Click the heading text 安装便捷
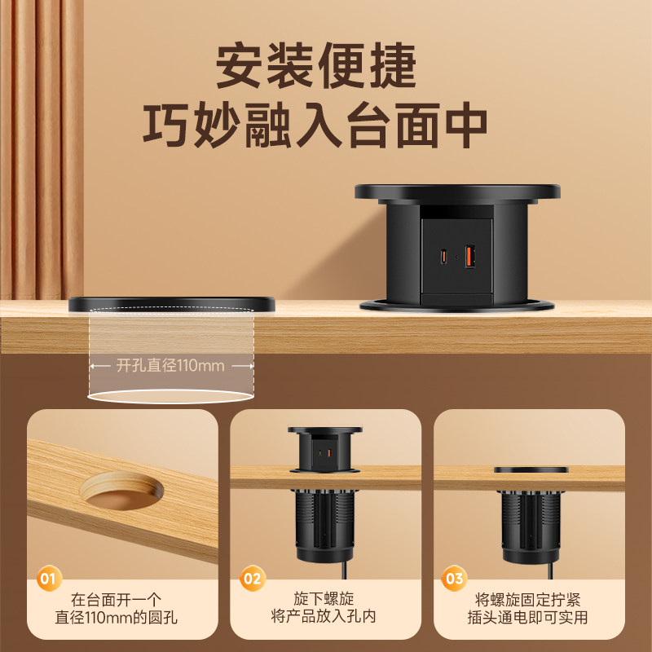[315, 66]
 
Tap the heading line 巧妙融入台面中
[315, 126]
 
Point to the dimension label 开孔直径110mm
[170, 365]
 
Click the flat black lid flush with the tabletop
[172, 304]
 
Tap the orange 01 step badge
[50, 579]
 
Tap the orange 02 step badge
[253, 579]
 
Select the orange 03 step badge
[454, 579]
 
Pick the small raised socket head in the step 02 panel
[324, 450]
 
